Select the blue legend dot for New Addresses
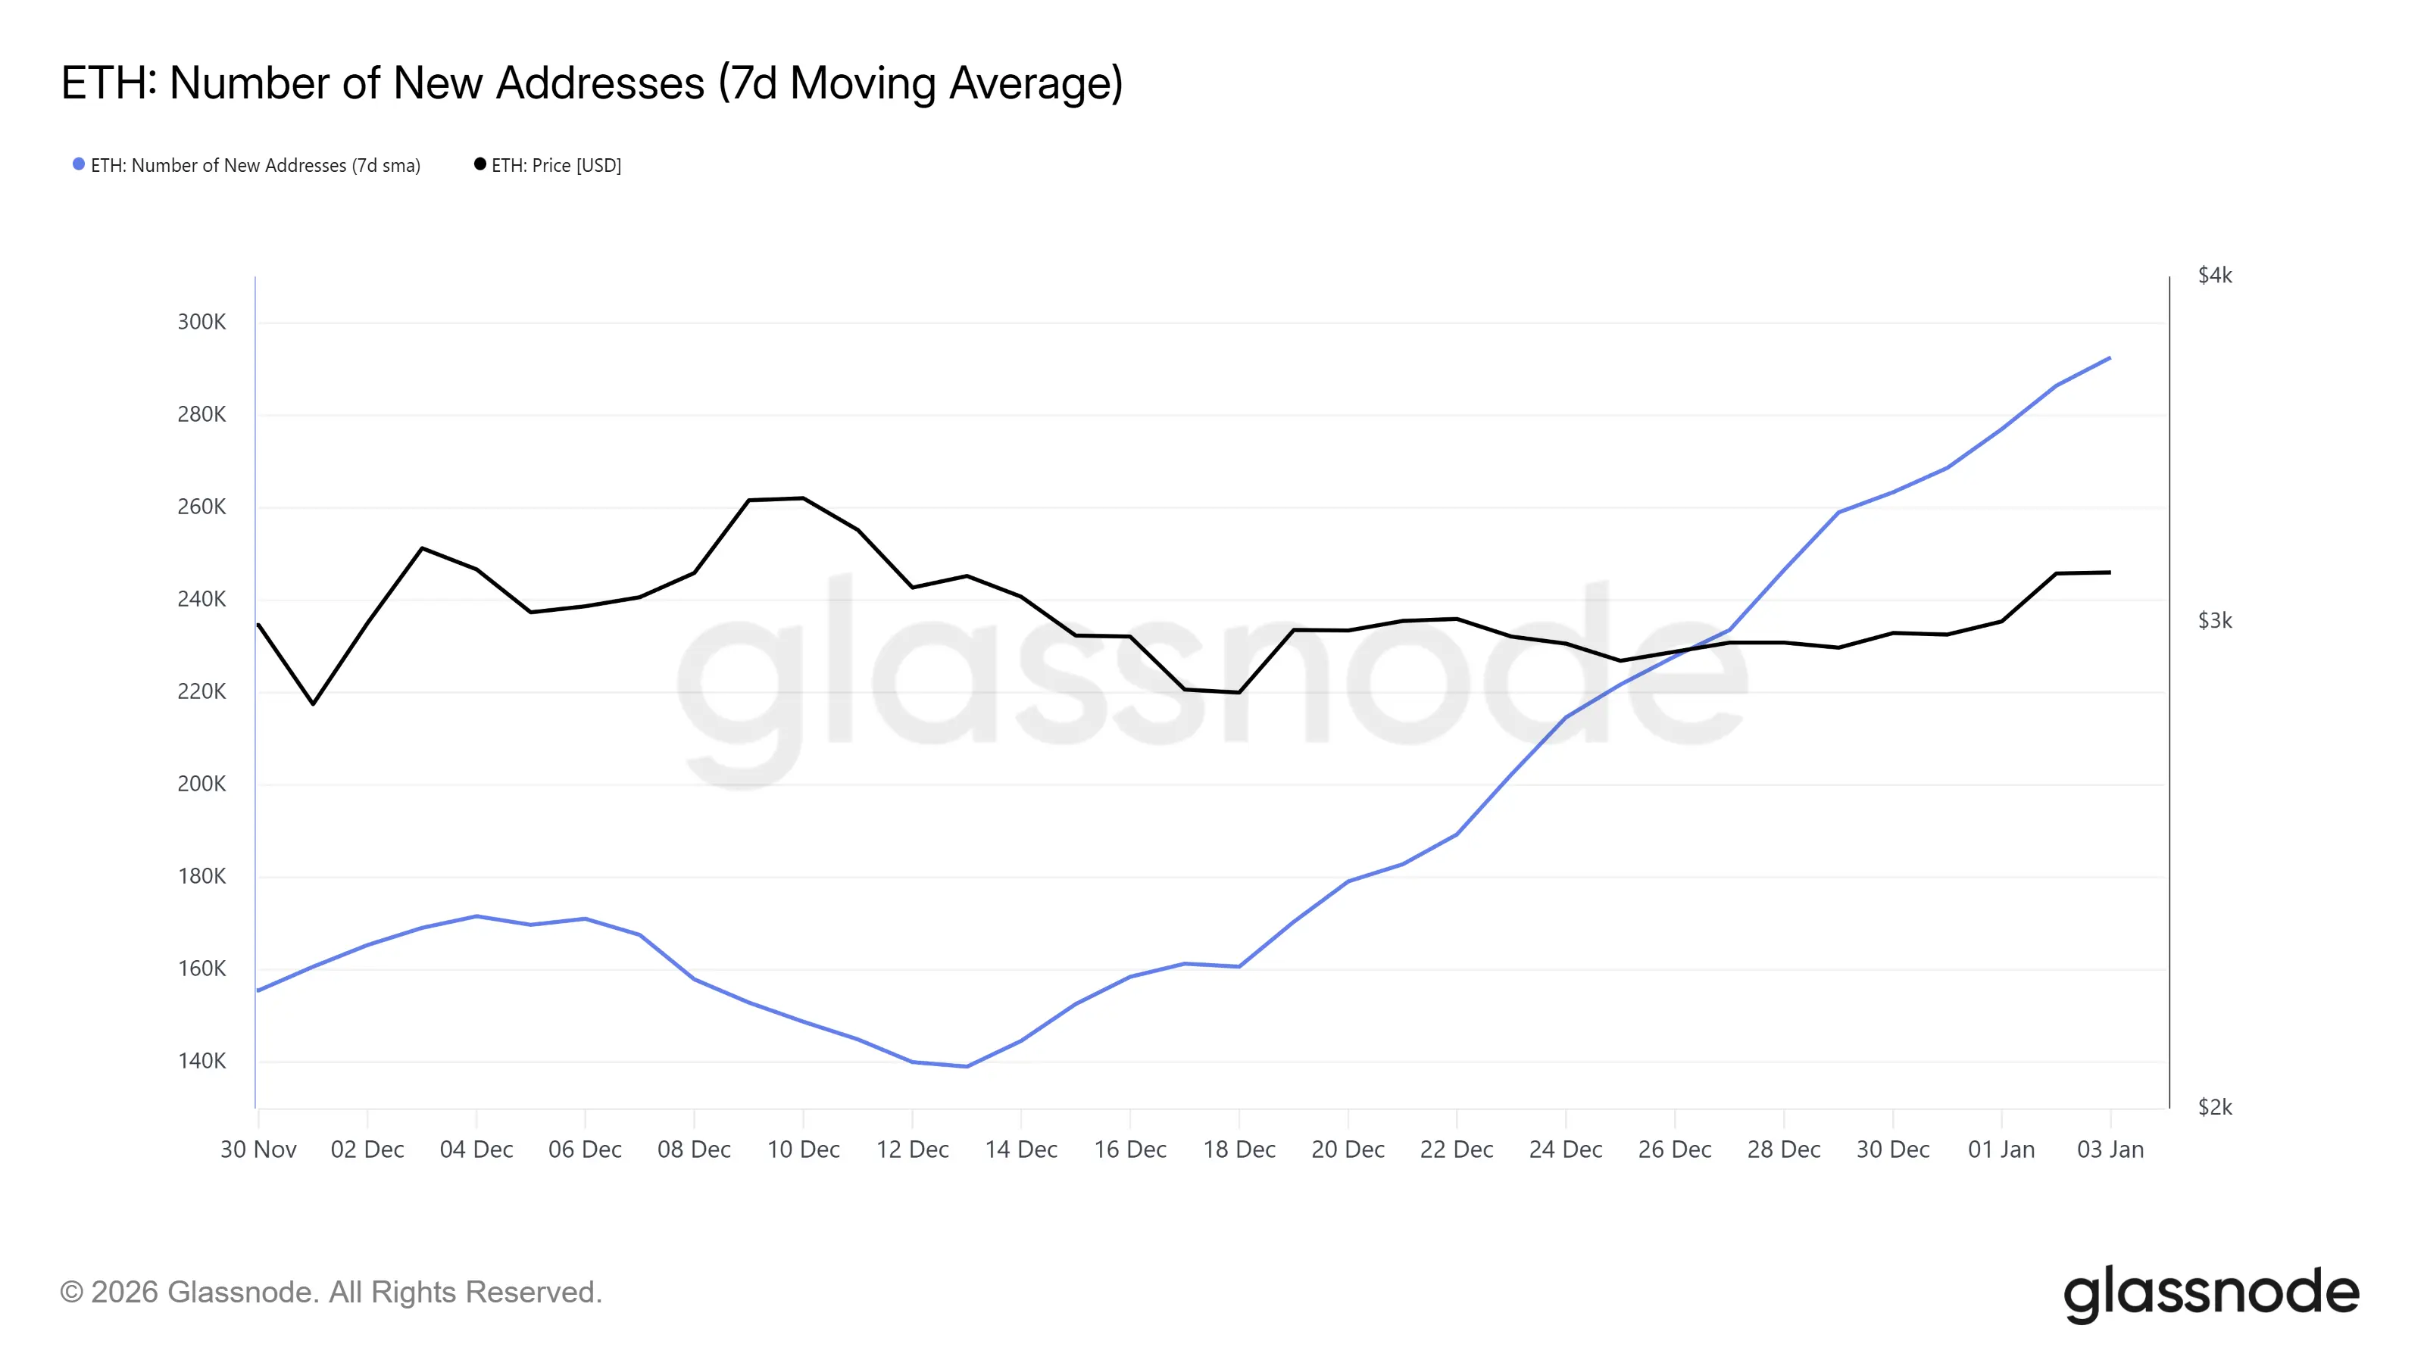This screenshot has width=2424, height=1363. point(79,164)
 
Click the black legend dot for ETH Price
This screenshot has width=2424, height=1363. point(480,164)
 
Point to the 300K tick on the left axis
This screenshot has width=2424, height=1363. point(201,322)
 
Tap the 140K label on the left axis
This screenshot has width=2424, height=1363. point(201,1061)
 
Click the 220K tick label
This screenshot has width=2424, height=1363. point(201,691)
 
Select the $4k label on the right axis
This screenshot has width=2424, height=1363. point(2214,276)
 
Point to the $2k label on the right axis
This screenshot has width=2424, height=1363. point(2214,1107)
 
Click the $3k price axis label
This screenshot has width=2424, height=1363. point(2214,621)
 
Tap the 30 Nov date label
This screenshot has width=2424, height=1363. point(258,1149)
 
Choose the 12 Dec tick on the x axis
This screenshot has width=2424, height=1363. point(912,1149)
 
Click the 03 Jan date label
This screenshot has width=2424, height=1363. point(2110,1149)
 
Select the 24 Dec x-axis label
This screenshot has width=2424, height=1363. point(1565,1149)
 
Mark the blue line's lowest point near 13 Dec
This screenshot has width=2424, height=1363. point(967,1067)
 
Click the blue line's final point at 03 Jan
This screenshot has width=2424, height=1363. point(2110,357)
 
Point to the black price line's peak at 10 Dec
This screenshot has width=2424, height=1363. point(803,497)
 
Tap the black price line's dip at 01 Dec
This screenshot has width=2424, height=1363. point(314,703)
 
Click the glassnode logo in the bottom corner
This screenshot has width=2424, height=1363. point(2210,1293)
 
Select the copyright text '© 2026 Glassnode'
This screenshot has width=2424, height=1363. point(330,1293)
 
